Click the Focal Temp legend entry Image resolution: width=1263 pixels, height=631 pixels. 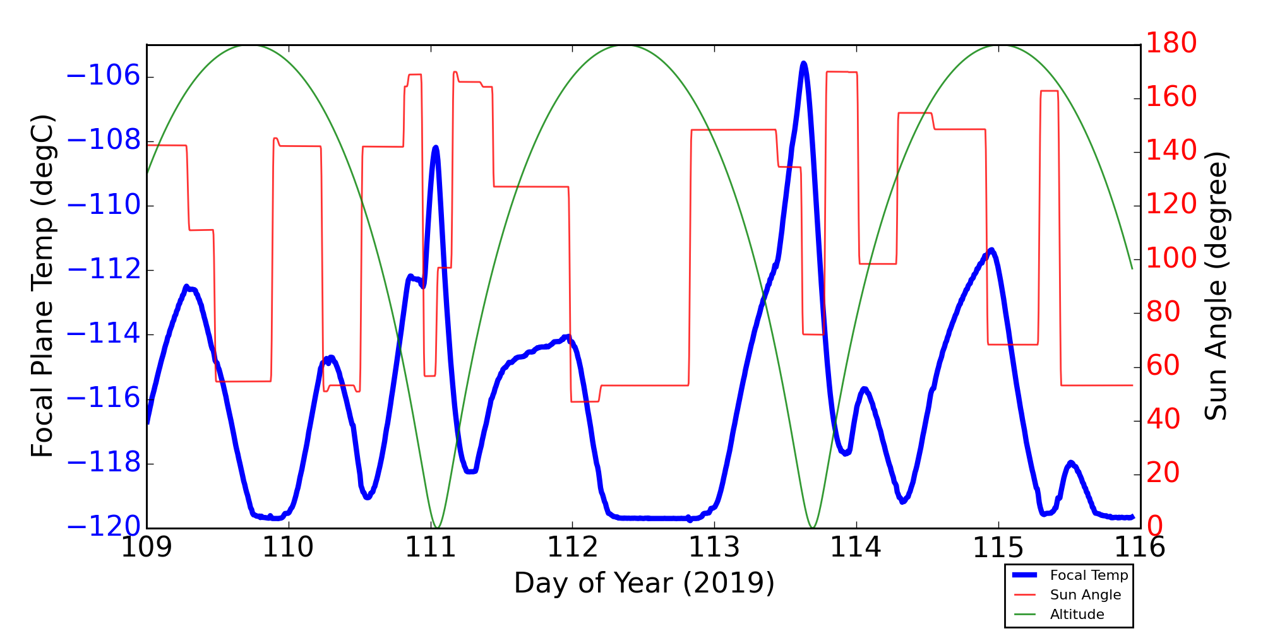(x=1088, y=575)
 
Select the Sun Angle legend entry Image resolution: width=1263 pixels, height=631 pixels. (x=1085, y=594)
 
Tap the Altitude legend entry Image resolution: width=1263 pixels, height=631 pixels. (x=1077, y=614)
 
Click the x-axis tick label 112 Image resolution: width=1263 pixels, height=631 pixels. (x=572, y=548)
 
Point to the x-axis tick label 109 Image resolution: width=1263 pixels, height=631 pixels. (x=147, y=548)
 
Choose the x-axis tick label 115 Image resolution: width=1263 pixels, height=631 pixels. (x=998, y=548)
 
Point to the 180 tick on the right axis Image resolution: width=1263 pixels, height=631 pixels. (x=1171, y=44)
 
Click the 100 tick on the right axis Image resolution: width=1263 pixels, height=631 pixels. (x=1171, y=259)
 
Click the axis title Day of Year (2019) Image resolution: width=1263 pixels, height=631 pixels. (x=643, y=582)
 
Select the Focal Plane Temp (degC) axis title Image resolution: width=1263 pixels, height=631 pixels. (x=42, y=286)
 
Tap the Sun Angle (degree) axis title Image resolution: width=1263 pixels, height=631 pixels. (x=1216, y=286)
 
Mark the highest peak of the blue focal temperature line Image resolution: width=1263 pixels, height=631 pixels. (x=803, y=63)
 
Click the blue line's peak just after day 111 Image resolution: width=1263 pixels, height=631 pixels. (x=436, y=147)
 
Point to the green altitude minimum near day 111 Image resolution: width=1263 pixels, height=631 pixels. (x=437, y=527)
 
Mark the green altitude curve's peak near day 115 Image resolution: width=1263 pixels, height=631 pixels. (x=998, y=45)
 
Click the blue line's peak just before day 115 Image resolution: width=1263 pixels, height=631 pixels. (x=991, y=250)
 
